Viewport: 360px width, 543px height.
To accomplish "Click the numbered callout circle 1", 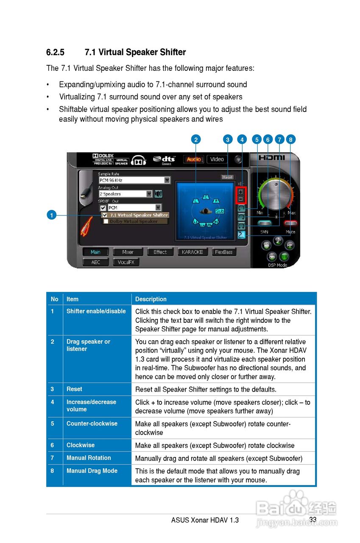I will click(x=51, y=215).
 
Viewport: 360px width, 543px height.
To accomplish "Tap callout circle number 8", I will click(x=290, y=139).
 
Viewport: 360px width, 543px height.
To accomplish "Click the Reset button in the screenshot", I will click(x=228, y=177).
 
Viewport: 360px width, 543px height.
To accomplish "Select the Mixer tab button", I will click(x=128, y=252).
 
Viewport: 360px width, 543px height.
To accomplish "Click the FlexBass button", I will click(x=223, y=252).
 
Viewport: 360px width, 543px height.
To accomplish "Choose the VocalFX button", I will click(x=126, y=262).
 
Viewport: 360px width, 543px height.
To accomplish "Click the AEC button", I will click(x=96, y=262).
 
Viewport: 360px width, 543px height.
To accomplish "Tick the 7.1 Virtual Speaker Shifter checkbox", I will click(x=105, y=215).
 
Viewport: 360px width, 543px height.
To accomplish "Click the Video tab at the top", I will click(x=217, y=159).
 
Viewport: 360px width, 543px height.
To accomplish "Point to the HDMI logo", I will click(x=272, y=157).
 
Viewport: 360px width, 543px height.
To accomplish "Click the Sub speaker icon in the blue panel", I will click(x=220, y=211).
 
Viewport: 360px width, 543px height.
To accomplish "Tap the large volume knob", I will click(x=276, y=194).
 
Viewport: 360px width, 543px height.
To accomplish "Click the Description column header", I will click(x=151, y=299).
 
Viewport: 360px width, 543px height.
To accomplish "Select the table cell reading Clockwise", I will click(x=81, y=445).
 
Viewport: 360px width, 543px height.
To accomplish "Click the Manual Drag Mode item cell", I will click(x=92, y=471).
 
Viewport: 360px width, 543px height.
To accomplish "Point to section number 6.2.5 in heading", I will click(x=55, y=53).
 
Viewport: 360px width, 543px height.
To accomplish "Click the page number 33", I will click(x=313, y=520).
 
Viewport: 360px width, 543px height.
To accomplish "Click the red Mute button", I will click(x=290, y=223).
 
